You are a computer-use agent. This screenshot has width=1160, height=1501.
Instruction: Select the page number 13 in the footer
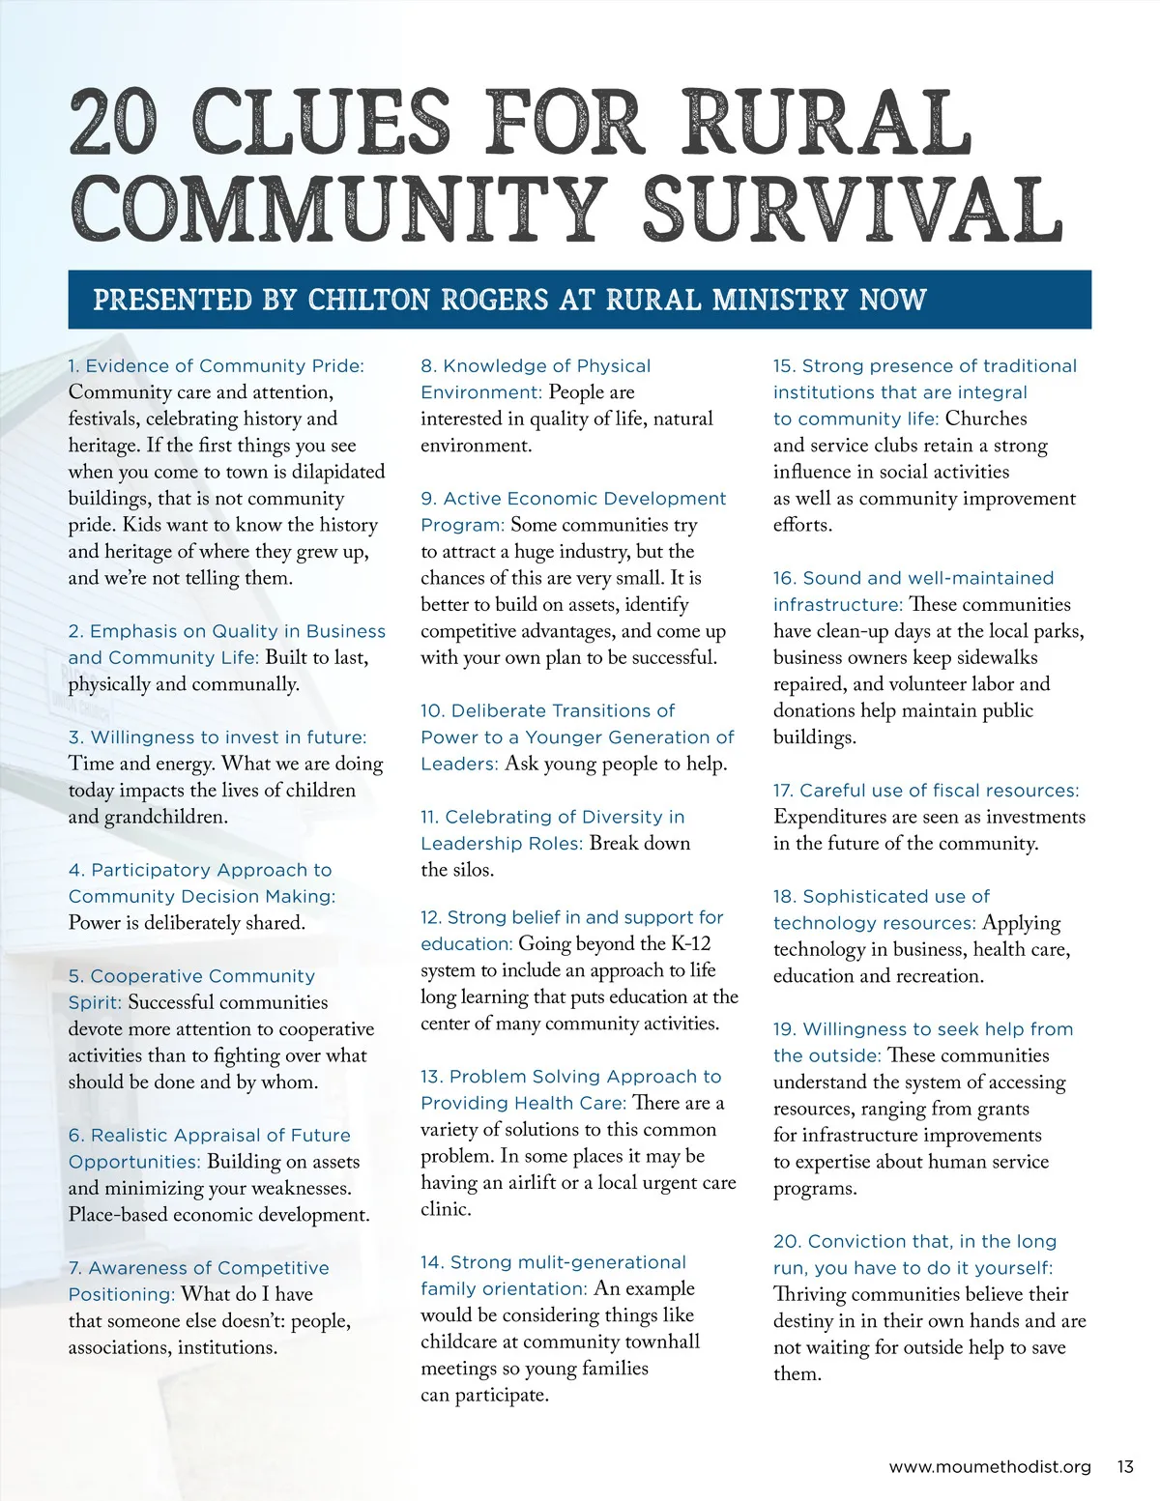(1124, 1466)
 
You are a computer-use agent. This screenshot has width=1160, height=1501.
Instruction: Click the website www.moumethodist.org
(989, 1466)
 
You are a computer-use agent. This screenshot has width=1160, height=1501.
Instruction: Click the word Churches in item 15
(986, 419)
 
